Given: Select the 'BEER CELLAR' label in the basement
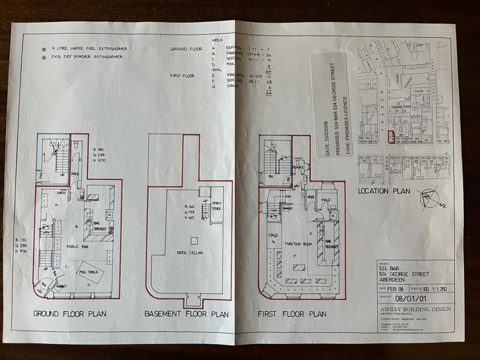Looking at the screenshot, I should [x=189, y=253].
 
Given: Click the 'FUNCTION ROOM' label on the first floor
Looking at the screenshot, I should [x=299, y=244].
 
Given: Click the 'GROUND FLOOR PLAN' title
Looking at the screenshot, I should [x=69, y=314].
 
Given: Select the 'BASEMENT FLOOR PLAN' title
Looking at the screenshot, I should [x=186, y=314].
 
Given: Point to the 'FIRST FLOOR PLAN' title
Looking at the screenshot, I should [x=292, y=314].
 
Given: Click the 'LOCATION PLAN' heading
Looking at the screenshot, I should [x=383, y=191].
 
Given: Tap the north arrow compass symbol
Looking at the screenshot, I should [x=429, y=197].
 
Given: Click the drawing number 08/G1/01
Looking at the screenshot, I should [x=409, y=297].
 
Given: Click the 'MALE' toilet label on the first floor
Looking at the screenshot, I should [x=326, y=200].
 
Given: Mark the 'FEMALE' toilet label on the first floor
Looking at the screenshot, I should [x=298, y=166].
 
